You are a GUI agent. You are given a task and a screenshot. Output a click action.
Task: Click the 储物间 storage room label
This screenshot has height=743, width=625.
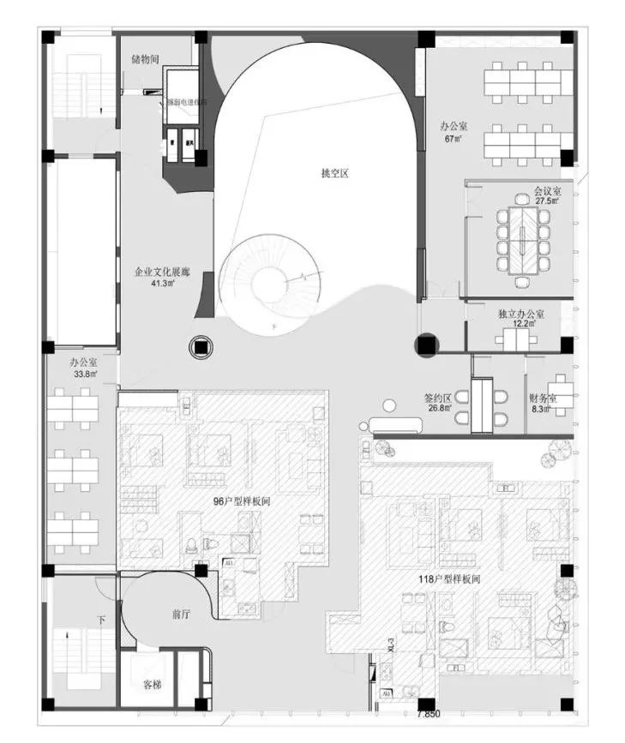tap(145, 60)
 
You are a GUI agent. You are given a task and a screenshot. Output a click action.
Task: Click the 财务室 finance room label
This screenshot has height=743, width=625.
tap(544, 398)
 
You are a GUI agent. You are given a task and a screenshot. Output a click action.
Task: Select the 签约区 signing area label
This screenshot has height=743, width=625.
tap(439, 398)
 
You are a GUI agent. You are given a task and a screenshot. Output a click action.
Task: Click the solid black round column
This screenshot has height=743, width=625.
tap(426, 345)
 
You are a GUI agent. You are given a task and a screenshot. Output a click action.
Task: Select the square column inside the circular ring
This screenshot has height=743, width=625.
tap(201, 346)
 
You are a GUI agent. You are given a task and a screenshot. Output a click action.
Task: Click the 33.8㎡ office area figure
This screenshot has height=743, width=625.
tap(84, 374)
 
